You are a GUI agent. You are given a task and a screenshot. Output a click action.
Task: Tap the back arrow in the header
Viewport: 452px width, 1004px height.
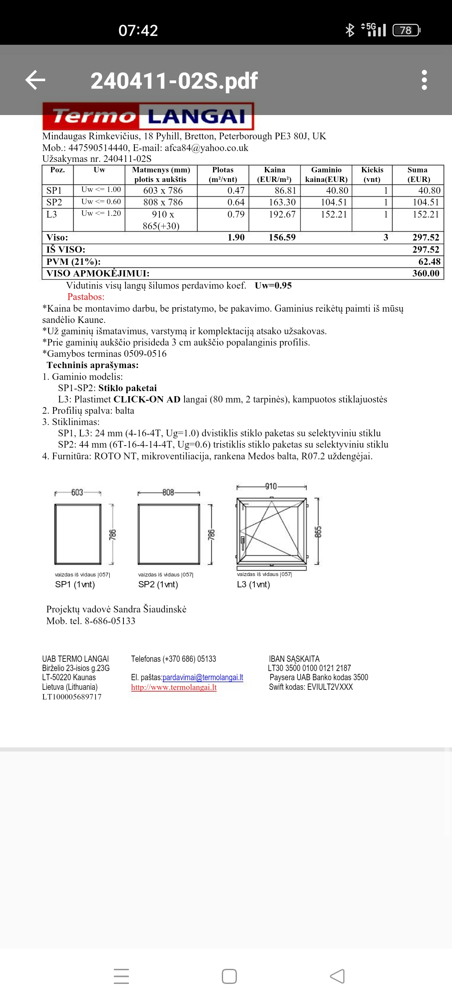coord(35,80)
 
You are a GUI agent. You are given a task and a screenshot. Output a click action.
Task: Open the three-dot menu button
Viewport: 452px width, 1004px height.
coord(424,80)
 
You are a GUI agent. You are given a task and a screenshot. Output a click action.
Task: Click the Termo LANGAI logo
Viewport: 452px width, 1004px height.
coord(148,116)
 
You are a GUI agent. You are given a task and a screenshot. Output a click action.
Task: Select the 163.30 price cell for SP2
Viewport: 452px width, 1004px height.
coord(282,202)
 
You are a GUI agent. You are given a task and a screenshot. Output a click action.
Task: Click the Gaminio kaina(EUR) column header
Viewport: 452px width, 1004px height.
coord(326,174)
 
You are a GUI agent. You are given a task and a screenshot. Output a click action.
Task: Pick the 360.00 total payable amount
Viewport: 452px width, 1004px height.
coord(426,274)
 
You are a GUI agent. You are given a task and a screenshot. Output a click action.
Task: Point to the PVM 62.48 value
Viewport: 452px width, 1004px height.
coord(429,262)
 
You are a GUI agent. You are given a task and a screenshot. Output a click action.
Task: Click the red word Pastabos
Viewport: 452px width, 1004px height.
coord(86,297)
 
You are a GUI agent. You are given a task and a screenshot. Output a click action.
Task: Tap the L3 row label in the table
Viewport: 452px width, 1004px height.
coord(52,215)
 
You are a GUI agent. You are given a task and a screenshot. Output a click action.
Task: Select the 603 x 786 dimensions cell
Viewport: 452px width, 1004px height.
coord(163,191)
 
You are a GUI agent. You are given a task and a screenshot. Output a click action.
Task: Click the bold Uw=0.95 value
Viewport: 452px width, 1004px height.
coord(273,286)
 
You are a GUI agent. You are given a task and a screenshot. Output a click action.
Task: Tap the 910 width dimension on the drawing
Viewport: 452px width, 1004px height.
coord(271,487)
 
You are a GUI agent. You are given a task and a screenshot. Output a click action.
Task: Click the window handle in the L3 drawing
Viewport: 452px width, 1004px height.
coord(242,543)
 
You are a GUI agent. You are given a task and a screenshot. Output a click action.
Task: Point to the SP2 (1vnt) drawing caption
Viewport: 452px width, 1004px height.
coord(158,584)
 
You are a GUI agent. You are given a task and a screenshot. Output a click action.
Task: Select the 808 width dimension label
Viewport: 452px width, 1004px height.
coord(168,492)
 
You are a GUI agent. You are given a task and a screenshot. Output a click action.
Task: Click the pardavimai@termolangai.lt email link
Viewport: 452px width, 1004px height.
coord(203,677)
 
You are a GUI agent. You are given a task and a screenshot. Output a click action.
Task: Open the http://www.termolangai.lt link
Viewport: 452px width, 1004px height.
coord(174,687)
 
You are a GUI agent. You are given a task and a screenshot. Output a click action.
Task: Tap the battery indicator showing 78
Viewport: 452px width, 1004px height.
coord(406,30)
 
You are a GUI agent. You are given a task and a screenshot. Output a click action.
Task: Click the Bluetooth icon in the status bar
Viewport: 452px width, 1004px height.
coord(349,30)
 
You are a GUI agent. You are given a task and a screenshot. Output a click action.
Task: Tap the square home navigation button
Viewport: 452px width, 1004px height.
coord(229,976)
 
